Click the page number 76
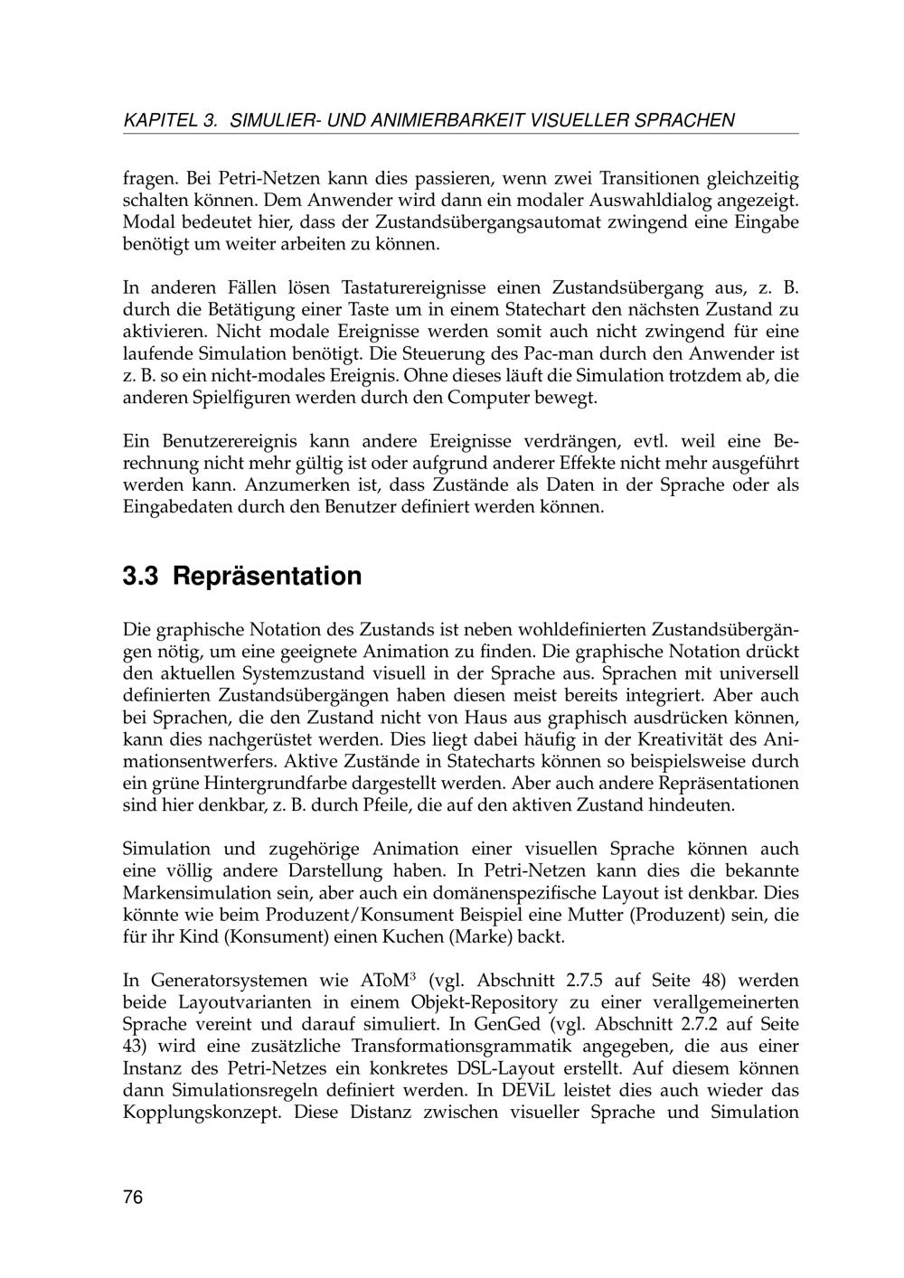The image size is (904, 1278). (133, 1198)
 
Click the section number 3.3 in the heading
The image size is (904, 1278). (141, 576)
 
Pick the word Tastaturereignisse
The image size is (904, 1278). (413, 288)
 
